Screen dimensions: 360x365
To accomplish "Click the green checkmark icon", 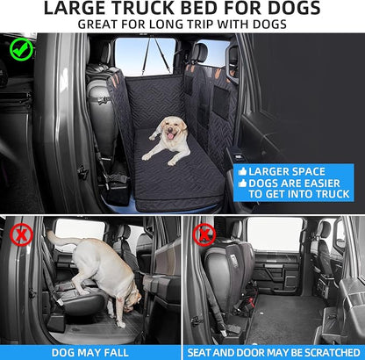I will pos(21,49).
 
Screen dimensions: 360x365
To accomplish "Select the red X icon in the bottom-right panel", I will pos(204,234).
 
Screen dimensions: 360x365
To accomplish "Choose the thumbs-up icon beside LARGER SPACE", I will pos(240,170).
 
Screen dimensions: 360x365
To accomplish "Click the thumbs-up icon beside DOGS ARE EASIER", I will pos(240,183).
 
